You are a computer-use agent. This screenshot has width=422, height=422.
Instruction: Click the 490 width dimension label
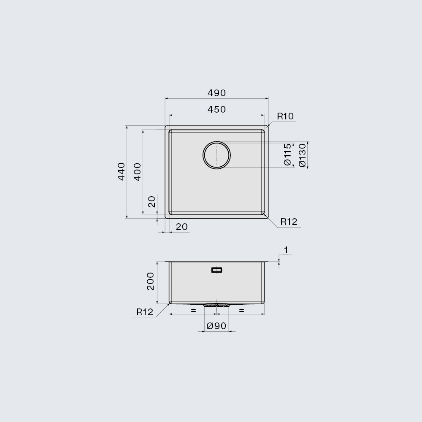click(x=216, y=93)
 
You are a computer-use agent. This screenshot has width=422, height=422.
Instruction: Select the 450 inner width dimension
click(x=216, y=109)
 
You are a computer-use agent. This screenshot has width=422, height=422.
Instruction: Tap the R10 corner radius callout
click(x=285, y=116)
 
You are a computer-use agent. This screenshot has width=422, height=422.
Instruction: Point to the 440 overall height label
click(x=122, y=171)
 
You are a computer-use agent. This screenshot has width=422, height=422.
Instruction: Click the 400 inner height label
click(x=137, y=172)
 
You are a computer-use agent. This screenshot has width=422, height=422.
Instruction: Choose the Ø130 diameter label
click(x=303, y=155)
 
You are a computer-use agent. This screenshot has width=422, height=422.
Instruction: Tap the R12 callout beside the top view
click(x=289, y=222)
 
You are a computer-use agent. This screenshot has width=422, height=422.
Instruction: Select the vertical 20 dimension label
click(x=152, y=201)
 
